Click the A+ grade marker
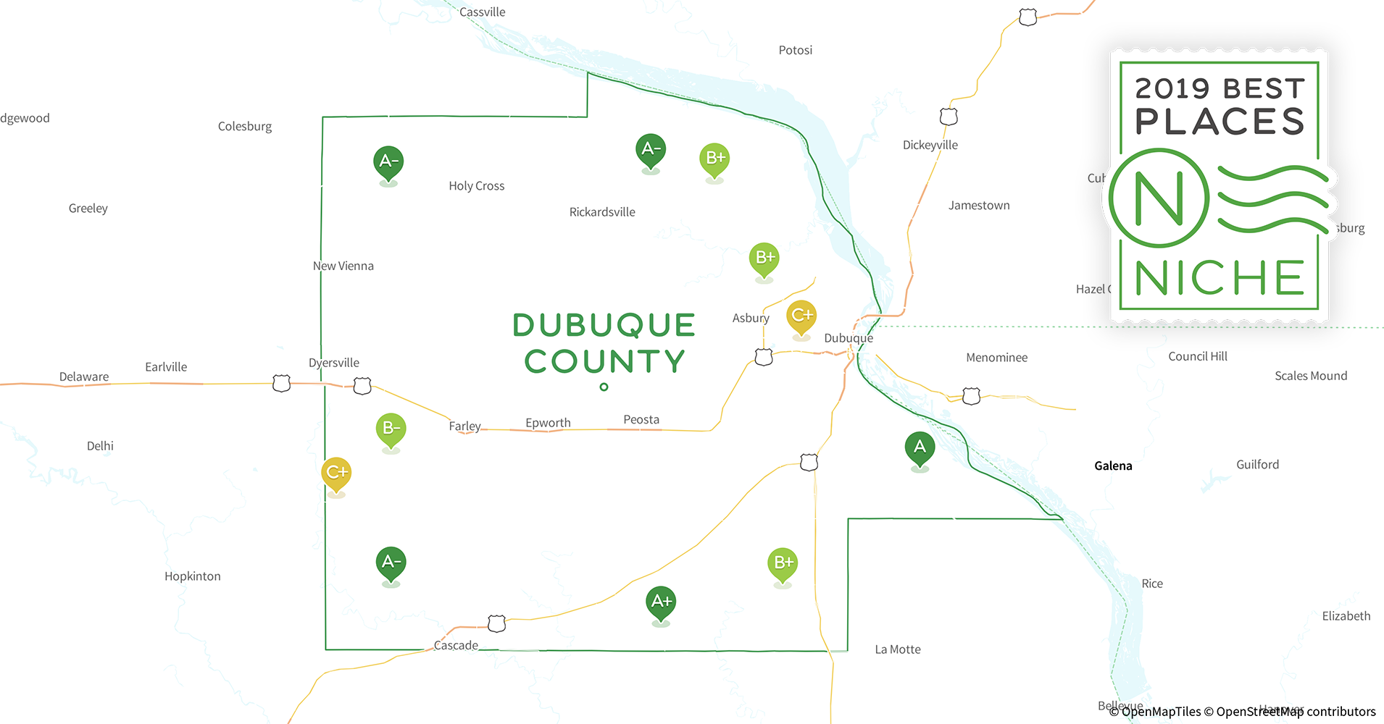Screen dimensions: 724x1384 tap(661, 602)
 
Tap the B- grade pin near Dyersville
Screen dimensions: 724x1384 tap(391, 429)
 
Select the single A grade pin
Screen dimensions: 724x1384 tap(920, 448)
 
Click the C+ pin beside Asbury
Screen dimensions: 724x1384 tap(801, 316)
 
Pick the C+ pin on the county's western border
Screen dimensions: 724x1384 tap(336, 473)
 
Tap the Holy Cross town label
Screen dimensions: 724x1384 tap(476, 186)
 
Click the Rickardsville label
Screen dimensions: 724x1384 tap(602, 212)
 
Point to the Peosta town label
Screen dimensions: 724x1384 tap(641, 420)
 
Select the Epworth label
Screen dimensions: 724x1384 tap(548, 423)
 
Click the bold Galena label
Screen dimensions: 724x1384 tap(1113, 466)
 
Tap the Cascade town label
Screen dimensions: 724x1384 tap(456, 645)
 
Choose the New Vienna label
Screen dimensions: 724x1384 tap(343, 266)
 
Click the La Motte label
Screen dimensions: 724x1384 tap(898, 649)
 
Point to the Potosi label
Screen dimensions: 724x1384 tap(795, 50)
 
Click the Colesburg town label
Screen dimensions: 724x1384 tap(245, 127)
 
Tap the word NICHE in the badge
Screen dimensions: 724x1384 tap(1220, 278)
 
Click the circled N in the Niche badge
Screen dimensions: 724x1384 tap(1159, 198)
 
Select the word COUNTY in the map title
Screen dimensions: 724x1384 tap(605, 361)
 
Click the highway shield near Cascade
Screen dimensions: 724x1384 tap(496, 623)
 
